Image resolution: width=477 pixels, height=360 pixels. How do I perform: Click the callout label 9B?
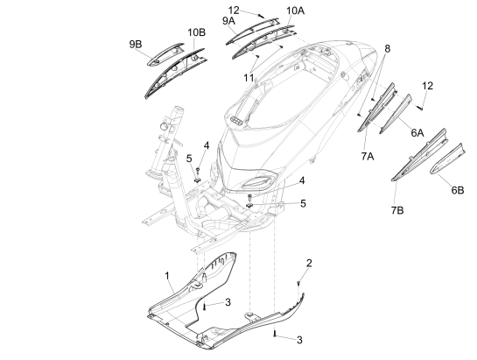pos(136,45)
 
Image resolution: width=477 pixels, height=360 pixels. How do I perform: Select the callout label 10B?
pos(196,32)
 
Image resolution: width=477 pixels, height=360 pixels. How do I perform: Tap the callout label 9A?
pos(228,21)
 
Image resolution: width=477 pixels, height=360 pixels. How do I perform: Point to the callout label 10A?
pos(295,11)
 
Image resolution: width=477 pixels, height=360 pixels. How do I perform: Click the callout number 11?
pos(249,78)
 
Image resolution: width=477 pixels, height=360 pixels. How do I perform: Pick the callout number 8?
pos(387,48)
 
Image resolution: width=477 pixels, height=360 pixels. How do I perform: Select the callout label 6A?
pos(417,133)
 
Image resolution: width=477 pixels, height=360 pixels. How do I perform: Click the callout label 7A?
pos(368,156)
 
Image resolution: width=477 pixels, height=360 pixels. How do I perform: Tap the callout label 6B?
pos(458,190)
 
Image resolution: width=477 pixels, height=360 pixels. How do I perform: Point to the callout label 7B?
pos(397,210)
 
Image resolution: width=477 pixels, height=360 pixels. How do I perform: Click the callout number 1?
pos(166,276)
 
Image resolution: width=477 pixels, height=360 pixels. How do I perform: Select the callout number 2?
pos(309,263)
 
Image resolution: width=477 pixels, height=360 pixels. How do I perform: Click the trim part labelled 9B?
pos(165,54)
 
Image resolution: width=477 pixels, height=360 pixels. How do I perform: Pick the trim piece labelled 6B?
pos(446,159)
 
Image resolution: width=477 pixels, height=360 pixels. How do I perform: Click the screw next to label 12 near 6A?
pos(420,107)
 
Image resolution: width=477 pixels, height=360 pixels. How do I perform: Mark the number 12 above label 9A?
pos(234,11)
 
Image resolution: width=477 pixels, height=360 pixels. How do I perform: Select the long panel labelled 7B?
pos(420,155)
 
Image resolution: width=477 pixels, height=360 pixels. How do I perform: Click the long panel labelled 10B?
pos(174,74)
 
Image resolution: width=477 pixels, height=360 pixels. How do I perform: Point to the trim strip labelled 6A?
pos(396,114)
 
